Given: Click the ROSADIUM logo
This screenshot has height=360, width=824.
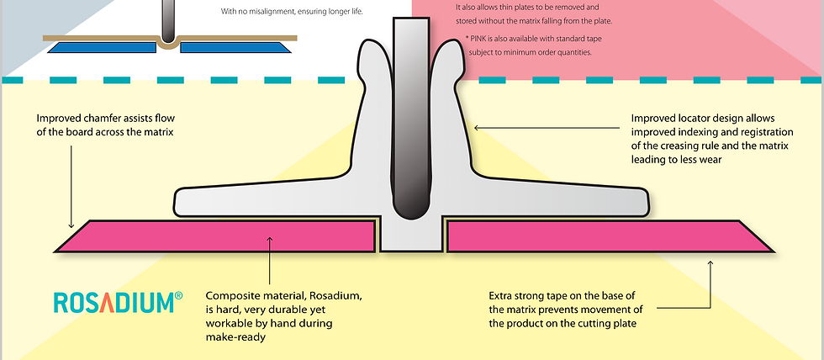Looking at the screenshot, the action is click(x=119, y=302).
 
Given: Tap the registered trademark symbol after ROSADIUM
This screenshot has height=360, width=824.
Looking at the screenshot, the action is click(x=178, y=296).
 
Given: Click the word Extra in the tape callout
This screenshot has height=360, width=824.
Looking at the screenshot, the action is click(x=501, y=296).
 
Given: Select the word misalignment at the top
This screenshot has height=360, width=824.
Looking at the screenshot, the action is click(x=268, y=10).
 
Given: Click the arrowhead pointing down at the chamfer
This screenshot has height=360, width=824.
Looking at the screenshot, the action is click(x=71, y=225).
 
